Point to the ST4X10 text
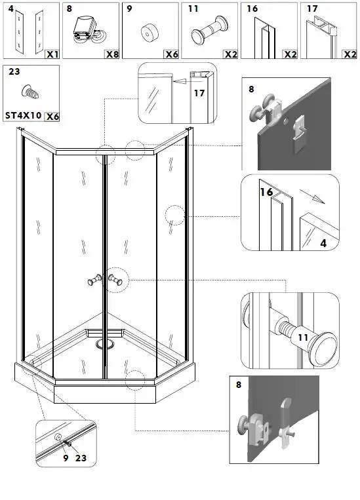click(24, 116)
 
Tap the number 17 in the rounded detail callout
click(199, 93)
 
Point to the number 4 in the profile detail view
click(323, 243)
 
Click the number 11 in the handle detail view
click(302, 337)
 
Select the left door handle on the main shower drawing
click(93, 280)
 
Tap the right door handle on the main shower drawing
click(117, 280)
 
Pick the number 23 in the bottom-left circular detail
click(81, 458)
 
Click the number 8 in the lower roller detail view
click(238, 387)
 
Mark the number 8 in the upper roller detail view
click(250, 87)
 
